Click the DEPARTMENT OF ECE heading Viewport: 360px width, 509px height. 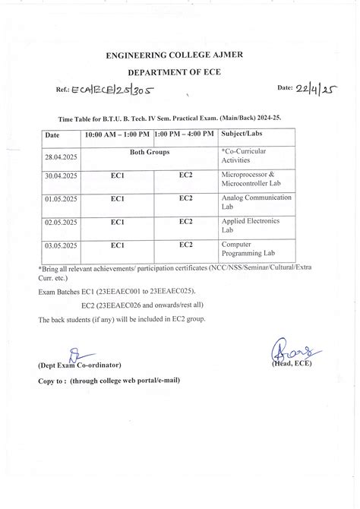pyautogui.click(x=179, y=73)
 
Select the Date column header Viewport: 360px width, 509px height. pyautogui.click(x=52, y=134)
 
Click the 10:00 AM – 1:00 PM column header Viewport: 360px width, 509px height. pyautogui.click(x=117, y=134)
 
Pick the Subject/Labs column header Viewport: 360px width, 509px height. pyautogui.click(x=241, y=134)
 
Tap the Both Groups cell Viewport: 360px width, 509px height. pyautogui.click(x=150, y=152)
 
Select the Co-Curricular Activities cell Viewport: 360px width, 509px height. pyautogui.click(x=243, y=156)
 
